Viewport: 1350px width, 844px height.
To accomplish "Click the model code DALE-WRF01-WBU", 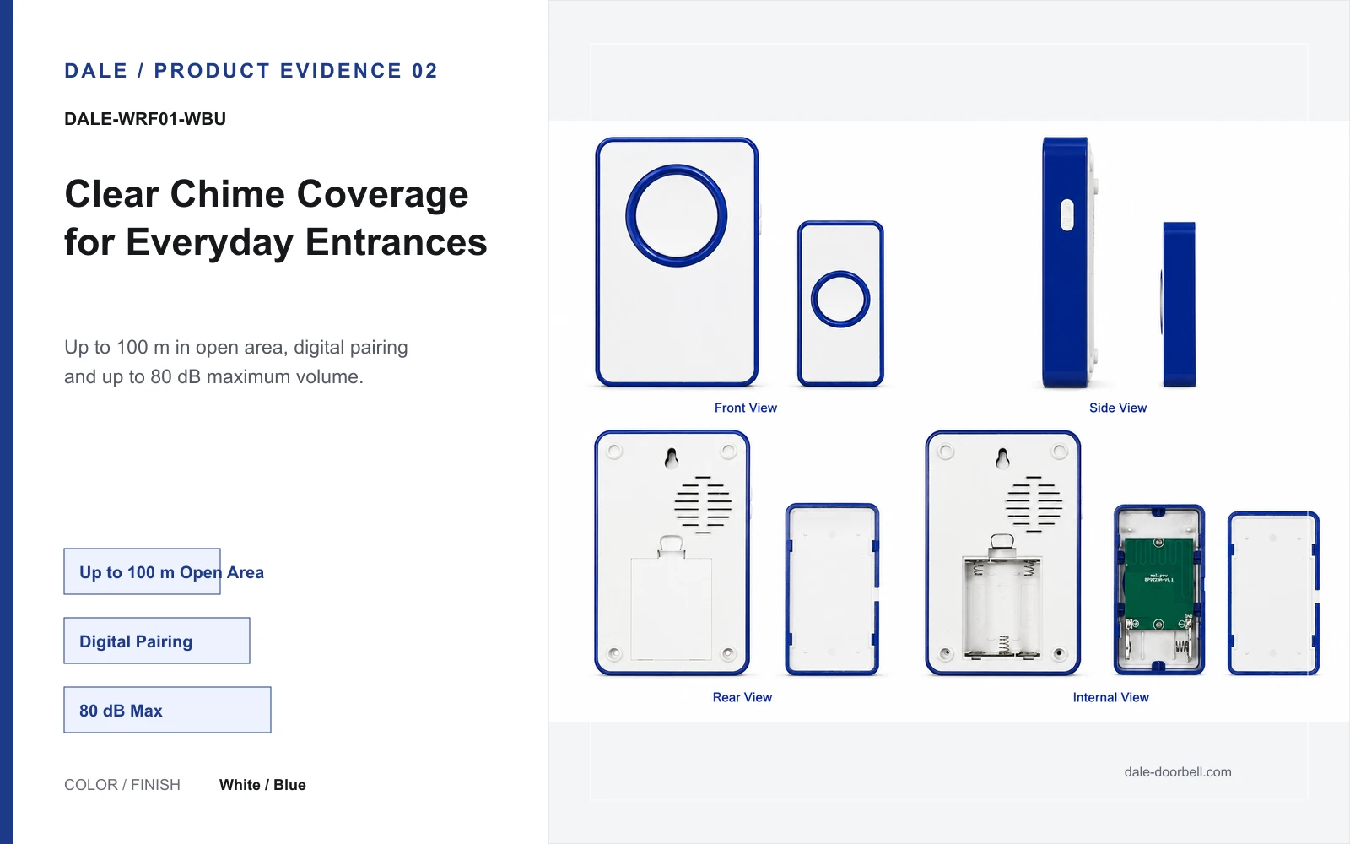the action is pyautogui.click(x=145, y=119).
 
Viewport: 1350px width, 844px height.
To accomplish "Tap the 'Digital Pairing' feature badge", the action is pyautogui.click(x=157, y=641).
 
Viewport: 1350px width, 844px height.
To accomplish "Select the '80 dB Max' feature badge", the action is pyautogui.click(x=168, y=710).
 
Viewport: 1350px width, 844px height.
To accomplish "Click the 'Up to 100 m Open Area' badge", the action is pyautogui.click(x=143, y=571).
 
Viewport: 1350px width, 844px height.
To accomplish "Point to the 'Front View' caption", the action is pyautogui.click(x=746, y=408).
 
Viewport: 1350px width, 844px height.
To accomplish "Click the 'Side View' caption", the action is pyautogui.click(x=1118, y=408).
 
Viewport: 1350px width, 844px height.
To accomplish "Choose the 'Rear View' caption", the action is pyautogui.click(x=742, y=697).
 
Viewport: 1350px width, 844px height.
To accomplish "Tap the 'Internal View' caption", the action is pyautogui.click(x=1110, y=697).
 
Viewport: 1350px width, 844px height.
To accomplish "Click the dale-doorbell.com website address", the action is pyautogui.click(x=1178, y=772).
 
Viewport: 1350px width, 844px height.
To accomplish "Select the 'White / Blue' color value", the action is pyautogui.click(x=262, y=785).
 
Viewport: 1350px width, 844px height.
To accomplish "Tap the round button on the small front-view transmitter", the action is pyautogui.click(x=840, y=299).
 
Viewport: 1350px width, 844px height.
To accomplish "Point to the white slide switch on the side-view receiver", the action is pyautogui.click(x=1066, y=214).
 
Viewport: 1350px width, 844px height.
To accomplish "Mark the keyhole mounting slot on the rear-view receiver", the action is pyautogui.click(x=672, y=459).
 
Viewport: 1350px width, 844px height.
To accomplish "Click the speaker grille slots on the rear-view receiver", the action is pyautogui.click(x=703, y=505).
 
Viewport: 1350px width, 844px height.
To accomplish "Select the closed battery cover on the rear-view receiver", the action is pyautogui.click(x=672, y=608).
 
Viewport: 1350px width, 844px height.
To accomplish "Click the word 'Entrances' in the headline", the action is pyautogui.click(x=396, y=241).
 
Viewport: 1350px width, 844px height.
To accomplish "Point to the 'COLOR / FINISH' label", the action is pyautogui.click(x=122, y=785).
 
